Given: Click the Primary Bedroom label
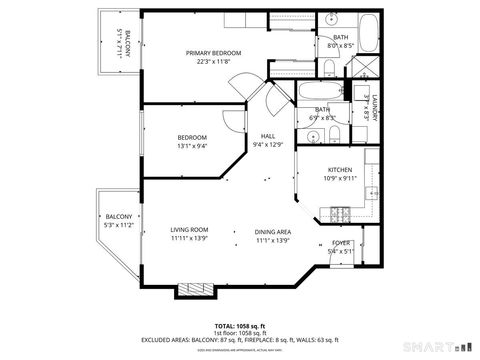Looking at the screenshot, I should [x=213, y=53].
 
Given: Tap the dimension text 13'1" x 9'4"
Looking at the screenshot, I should [x=192, y=147].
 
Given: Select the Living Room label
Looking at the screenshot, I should [x=188, y=229].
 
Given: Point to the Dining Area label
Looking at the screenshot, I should [x=273, y=229].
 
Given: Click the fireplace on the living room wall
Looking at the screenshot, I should [x=194, y=290].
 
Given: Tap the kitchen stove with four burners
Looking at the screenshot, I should [x=337, y=213].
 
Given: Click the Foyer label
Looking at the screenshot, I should [x=340, y=243].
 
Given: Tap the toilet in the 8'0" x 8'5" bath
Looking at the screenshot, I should [x=329, y=67].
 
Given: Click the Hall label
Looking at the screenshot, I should [x=268, y=136].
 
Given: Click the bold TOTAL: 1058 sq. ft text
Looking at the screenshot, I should [x=239, y=326].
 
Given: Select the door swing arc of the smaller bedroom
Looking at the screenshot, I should [x=232, y=122].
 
